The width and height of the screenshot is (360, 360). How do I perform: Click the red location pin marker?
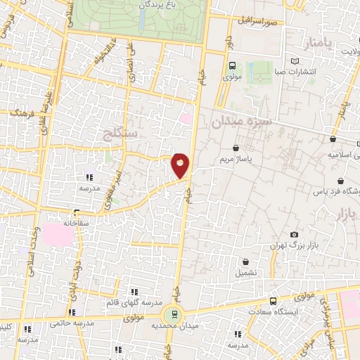181,166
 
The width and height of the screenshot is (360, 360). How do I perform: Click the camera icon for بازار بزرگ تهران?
294,235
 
